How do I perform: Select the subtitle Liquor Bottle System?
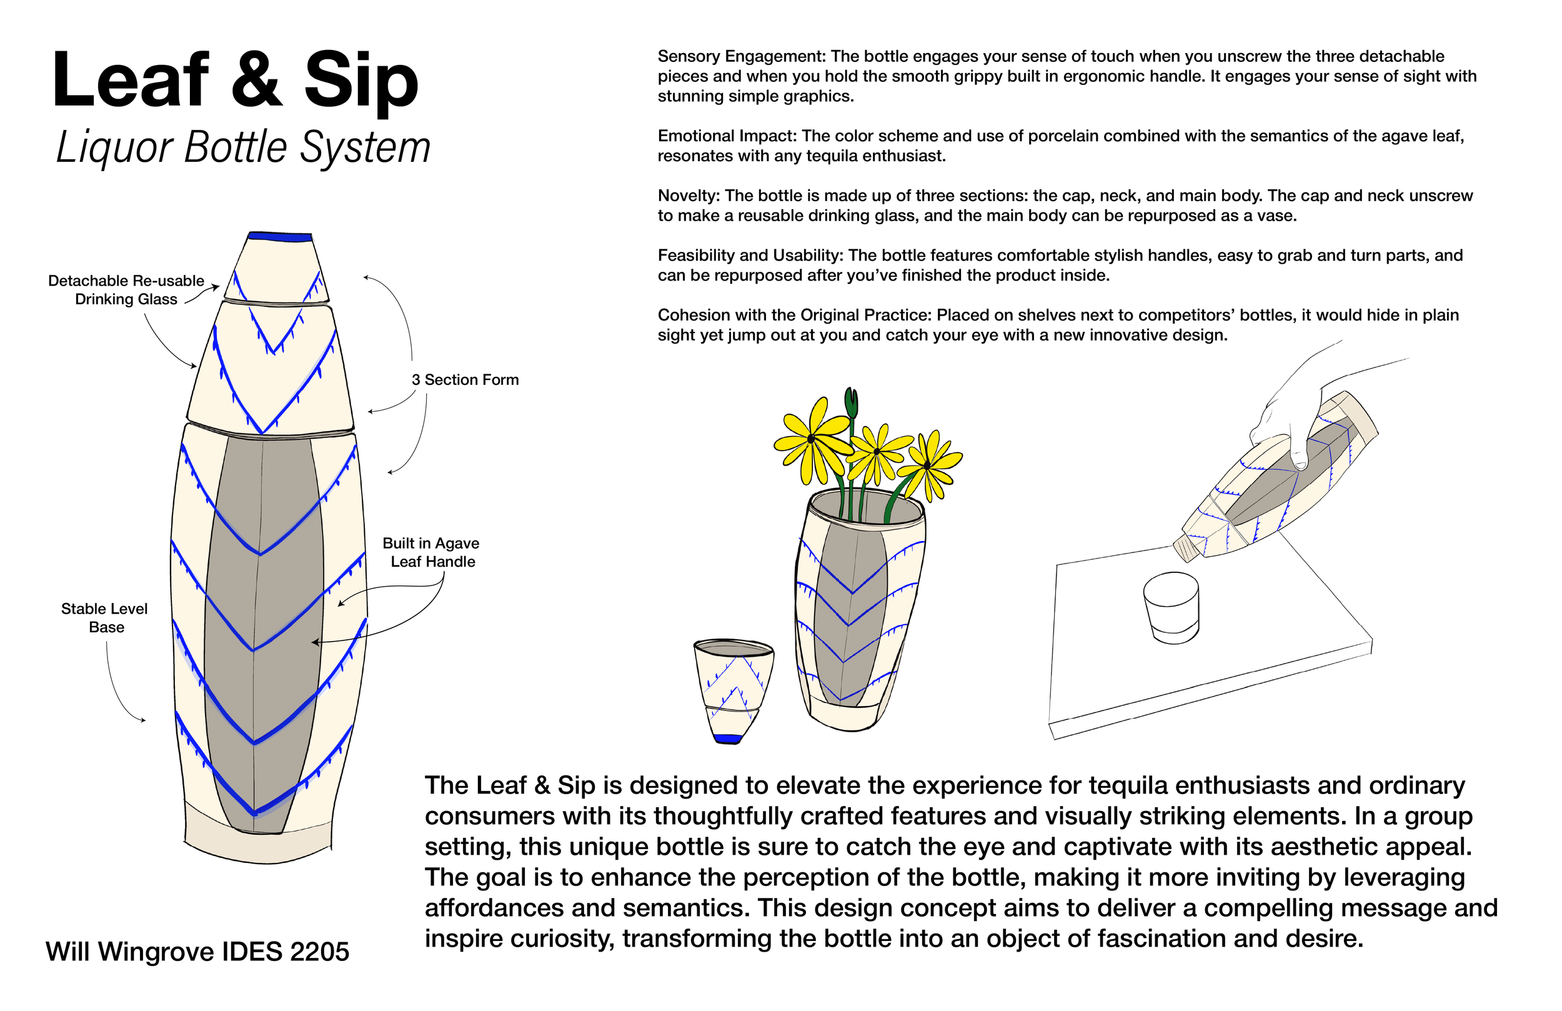[243, 147]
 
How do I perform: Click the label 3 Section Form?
[465, 379]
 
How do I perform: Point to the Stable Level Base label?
[104, 618]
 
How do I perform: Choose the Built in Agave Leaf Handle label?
[431, 552]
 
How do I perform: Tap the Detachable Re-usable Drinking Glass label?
[126, 289]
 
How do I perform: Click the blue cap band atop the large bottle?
[281, 236]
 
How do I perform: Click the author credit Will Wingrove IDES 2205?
[197, 951]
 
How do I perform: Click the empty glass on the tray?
[1171, 607]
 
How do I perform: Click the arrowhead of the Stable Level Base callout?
[144, 721]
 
